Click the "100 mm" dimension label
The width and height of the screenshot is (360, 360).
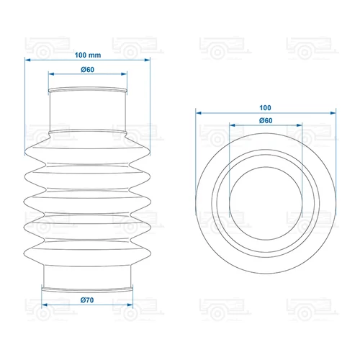tap(88, 55)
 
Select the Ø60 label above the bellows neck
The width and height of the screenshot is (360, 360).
tap(88, 70)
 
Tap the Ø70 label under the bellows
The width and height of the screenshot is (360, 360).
tap(87, 300)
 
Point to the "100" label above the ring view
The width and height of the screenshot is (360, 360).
tap(265, 108)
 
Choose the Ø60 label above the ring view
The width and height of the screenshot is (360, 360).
tap(266, 120)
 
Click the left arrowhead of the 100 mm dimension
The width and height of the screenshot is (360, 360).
tap(27, 60)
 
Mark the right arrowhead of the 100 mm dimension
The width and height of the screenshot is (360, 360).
tap(148, 60)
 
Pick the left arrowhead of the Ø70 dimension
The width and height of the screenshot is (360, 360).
tap(45, 305)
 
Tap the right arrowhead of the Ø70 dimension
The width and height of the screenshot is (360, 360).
tap(130, 305)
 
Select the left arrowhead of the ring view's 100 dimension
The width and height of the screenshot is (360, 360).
tap(199, 113)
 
